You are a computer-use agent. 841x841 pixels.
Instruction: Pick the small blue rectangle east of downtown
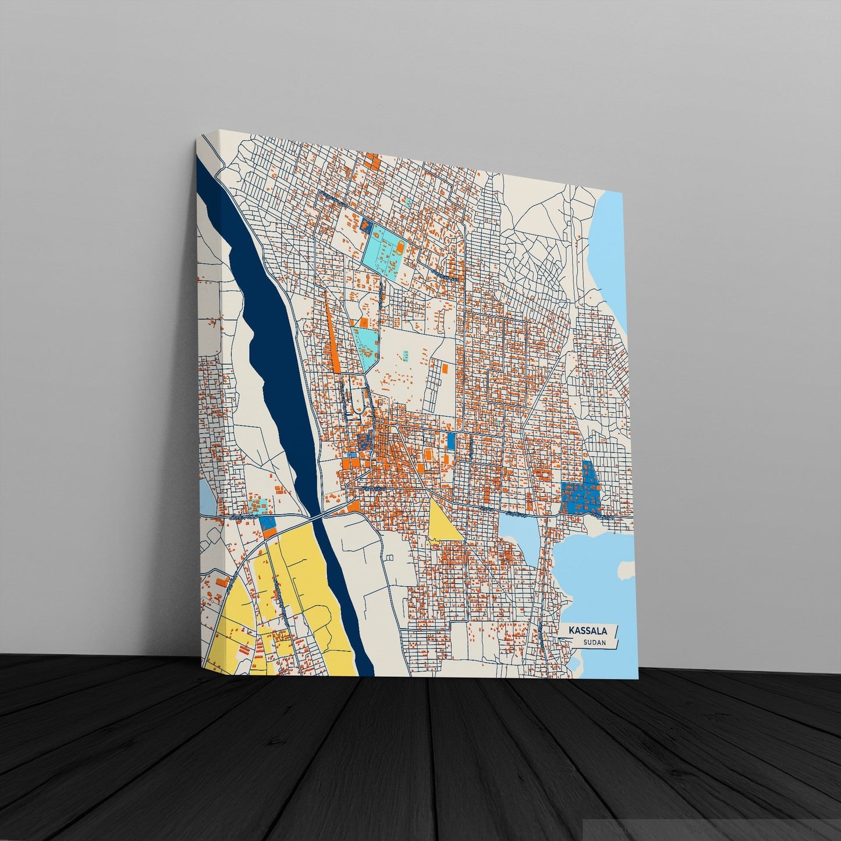click(x=450, y=440)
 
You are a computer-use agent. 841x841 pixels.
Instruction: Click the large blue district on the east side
click(x=583, y=489)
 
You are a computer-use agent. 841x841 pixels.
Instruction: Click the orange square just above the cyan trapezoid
click(x=363, y=322)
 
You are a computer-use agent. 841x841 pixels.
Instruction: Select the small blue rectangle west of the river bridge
click(x=267, y=522)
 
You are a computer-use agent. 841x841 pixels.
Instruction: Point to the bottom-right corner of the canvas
click(x=638, y=679)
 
